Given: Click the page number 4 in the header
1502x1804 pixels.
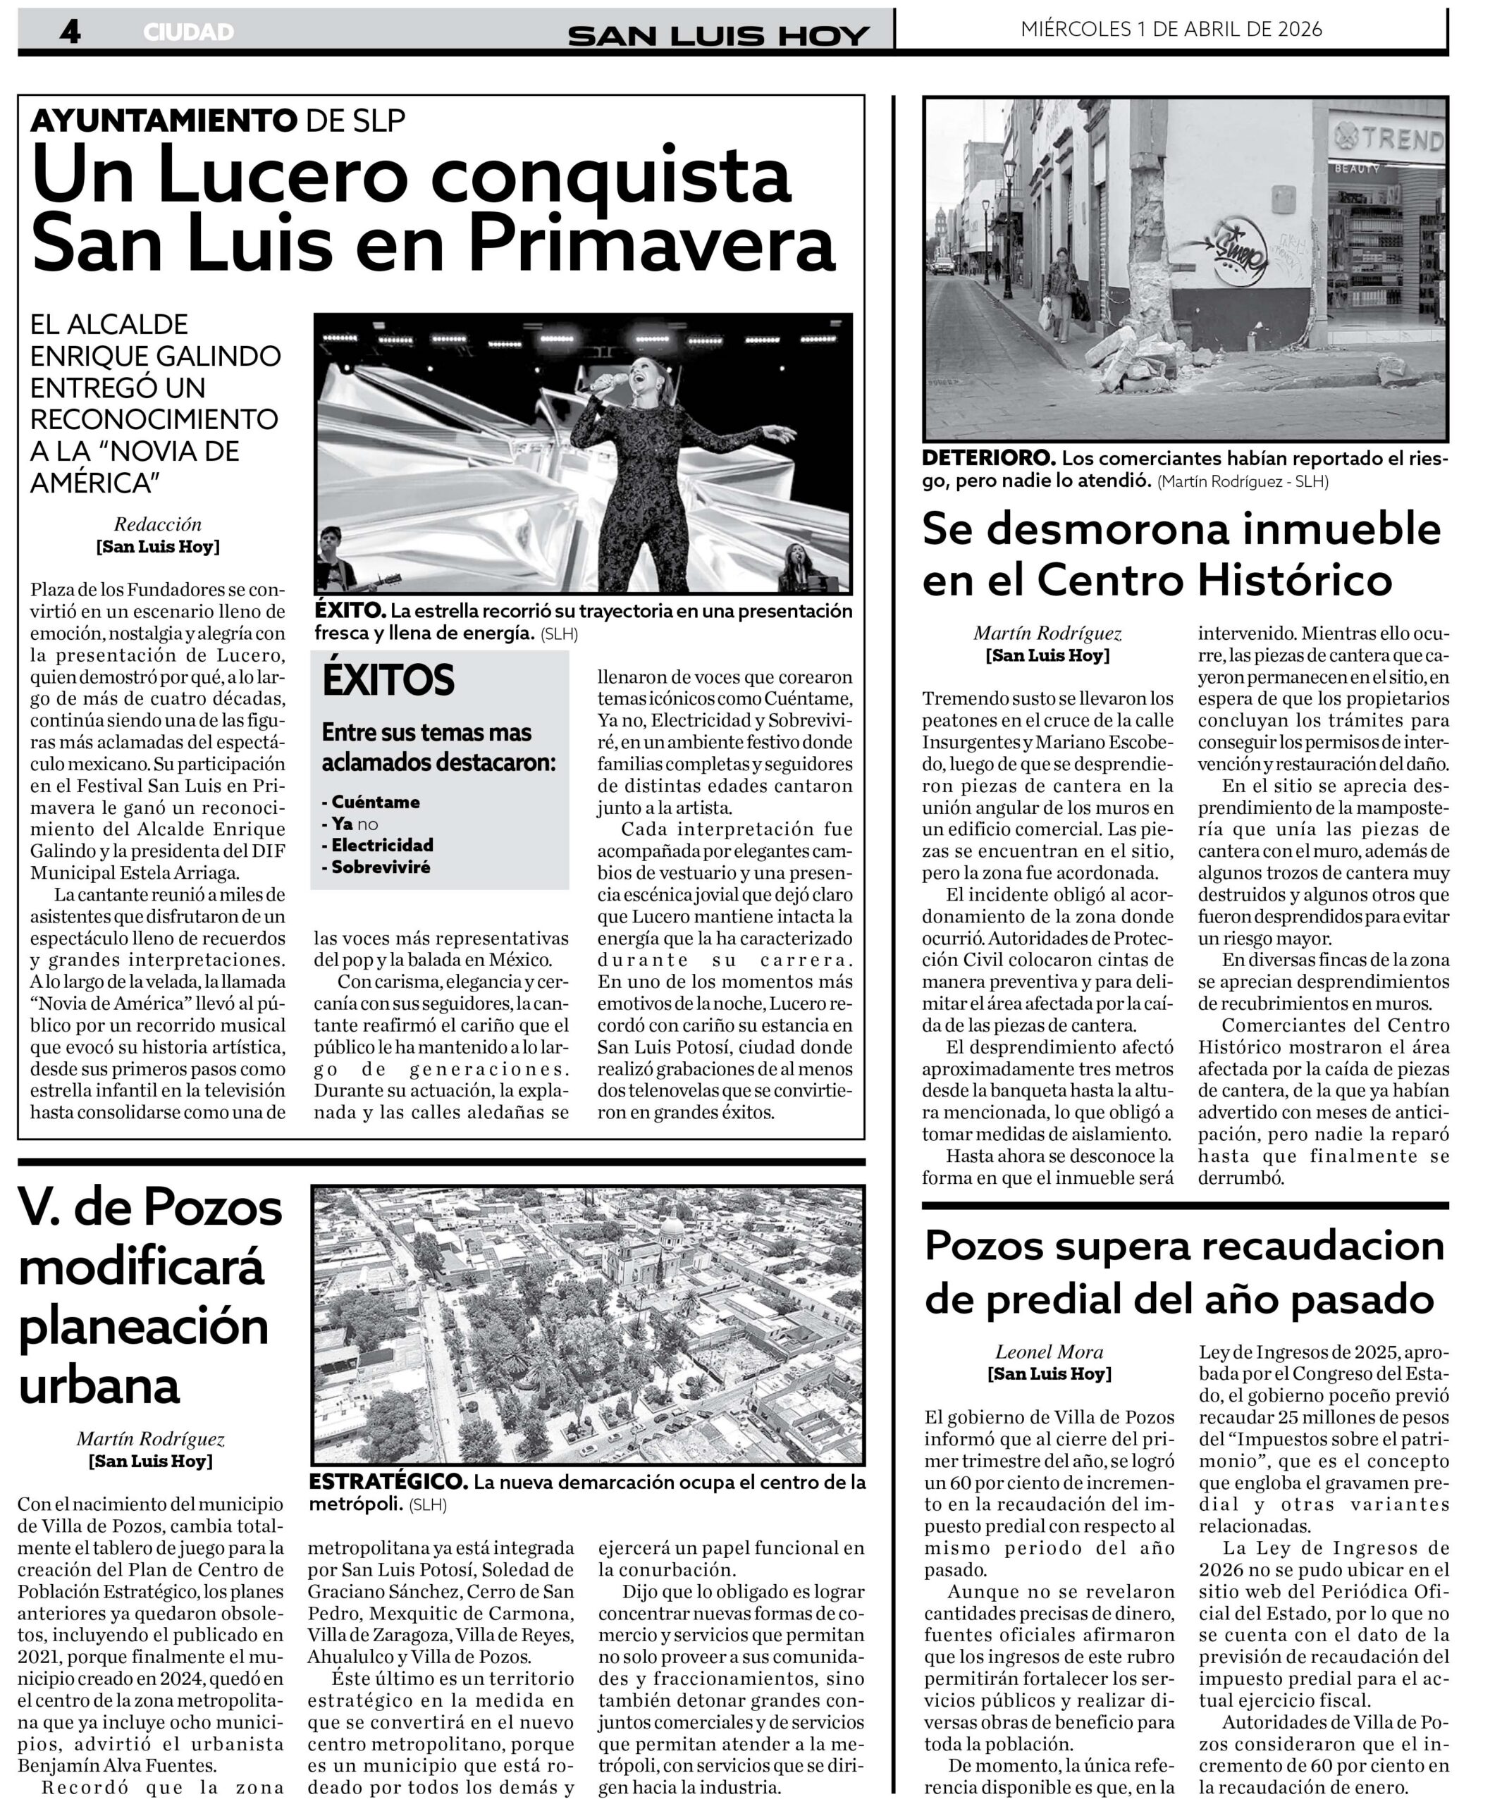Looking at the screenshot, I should (70, 32).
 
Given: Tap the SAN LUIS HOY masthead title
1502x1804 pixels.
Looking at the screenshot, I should (718, 35).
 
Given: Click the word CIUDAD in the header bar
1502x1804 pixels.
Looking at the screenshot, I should (188, 32).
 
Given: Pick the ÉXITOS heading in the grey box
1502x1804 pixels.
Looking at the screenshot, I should (388, 680).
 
